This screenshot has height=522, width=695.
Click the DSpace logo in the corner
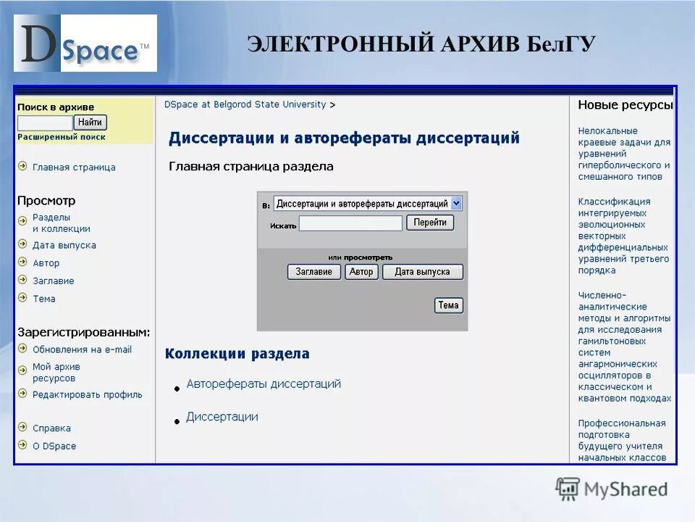click(85, 43)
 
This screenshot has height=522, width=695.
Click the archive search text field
click(45, 123)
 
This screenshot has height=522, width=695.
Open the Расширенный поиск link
click(62, 137)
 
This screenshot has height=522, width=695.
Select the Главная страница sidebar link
click(74, 167)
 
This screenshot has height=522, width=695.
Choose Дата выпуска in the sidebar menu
click(64, 246)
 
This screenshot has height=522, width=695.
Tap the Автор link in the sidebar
click(46, 263)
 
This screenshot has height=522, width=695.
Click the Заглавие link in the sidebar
click(54, 281)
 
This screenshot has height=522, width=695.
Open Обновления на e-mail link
click(82, 349)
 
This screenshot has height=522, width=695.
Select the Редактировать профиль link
click(87, 395)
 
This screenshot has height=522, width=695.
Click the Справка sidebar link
click(51, 428)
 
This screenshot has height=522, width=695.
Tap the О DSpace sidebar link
click(54, 447)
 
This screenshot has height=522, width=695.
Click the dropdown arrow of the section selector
click(456, 204)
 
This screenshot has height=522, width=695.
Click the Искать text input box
click(350, 224)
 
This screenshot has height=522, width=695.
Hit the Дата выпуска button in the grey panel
click(422, 272)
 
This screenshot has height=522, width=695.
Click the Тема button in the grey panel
click(448, 305)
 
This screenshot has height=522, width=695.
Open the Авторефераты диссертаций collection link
click(264, 384)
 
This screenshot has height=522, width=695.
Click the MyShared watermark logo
click(612, 489)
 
